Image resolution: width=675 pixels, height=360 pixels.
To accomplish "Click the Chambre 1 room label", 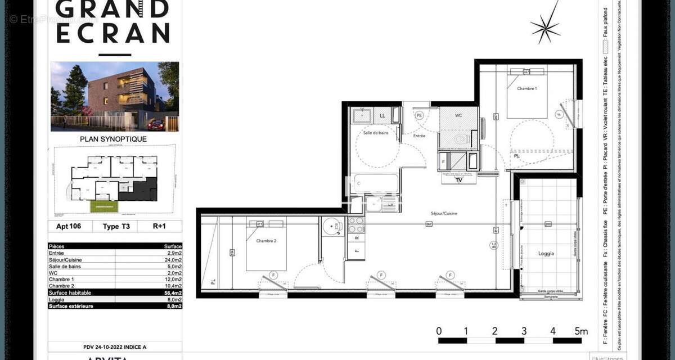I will (527, 88).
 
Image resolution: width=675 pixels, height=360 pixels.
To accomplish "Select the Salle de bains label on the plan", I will (376, 133).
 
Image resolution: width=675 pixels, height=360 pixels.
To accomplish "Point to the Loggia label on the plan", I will (546, 253).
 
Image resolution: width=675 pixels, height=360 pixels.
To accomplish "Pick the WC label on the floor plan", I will (458, 115).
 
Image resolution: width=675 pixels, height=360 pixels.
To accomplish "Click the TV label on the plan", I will (459, 181).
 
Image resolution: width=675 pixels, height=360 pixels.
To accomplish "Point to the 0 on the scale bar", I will (439, 331).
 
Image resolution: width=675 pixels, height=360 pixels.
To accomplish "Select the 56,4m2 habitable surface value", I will (172, 292).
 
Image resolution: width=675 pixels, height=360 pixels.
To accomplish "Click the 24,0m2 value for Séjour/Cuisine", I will (172, 260).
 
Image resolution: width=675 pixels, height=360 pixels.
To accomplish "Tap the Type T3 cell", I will (116, 227).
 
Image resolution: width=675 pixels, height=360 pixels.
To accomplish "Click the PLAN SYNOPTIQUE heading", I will (113, 139).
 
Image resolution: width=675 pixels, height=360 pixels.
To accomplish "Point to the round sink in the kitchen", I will (331, 226).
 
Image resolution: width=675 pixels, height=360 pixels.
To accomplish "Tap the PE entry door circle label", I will (418, 115).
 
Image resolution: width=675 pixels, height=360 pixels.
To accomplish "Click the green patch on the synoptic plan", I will (106, 206).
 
